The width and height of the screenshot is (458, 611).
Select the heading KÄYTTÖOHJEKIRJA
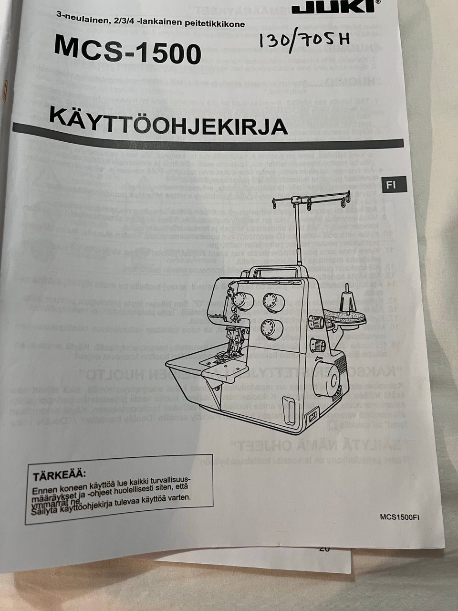(x=168, y=122)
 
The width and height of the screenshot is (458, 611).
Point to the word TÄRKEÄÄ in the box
(x=59, y=475)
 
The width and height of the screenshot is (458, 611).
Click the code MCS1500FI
(x=400, y=516)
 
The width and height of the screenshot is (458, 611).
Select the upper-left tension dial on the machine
(x=243, y=301)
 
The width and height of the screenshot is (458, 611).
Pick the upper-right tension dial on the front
(x=273, y=300)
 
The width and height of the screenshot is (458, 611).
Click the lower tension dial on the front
(x=272, y=328)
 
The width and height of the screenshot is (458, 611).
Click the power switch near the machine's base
(x=313, y=417)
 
